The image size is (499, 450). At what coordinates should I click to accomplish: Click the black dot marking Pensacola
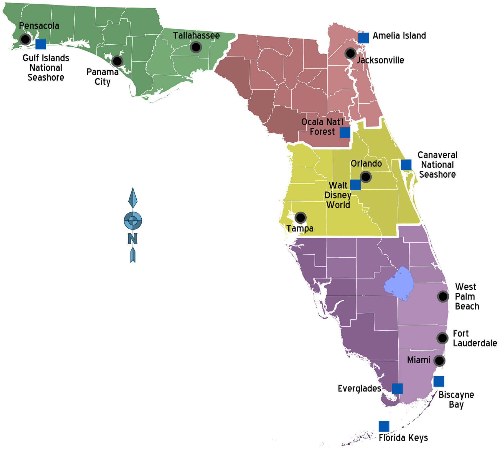coord(25,39)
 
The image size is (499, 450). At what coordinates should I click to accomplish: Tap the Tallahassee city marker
coord(196,47)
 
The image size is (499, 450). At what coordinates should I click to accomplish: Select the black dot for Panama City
coord(117,61)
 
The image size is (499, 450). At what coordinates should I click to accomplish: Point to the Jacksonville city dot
coord(350,53)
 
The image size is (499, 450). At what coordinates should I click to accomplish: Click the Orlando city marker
coord(366,177)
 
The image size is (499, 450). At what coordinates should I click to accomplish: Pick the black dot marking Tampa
coord(301,218)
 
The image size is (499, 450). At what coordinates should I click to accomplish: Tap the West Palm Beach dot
coord(443,296)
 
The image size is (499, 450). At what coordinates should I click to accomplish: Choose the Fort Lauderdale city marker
coord(442,338)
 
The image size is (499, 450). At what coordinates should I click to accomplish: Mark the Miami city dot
coord(439,361)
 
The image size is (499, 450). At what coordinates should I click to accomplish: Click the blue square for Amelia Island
coord(363,38)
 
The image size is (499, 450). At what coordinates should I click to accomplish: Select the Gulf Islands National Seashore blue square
coord(41,44)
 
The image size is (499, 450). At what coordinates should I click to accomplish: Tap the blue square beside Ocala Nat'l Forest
coord(345,132)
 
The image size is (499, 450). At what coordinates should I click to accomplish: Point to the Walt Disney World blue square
coord(355,185)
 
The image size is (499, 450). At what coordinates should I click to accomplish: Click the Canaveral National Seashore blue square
coord(406,165)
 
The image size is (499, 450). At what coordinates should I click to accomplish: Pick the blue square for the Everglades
coord(397,389)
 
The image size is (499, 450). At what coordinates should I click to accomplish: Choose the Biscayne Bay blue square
coord(439,381)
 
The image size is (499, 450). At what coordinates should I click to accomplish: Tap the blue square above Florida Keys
coord(384,426)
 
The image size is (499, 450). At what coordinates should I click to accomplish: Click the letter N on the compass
coord(133,239)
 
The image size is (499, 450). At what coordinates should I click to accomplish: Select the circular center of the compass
coord(133,221)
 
